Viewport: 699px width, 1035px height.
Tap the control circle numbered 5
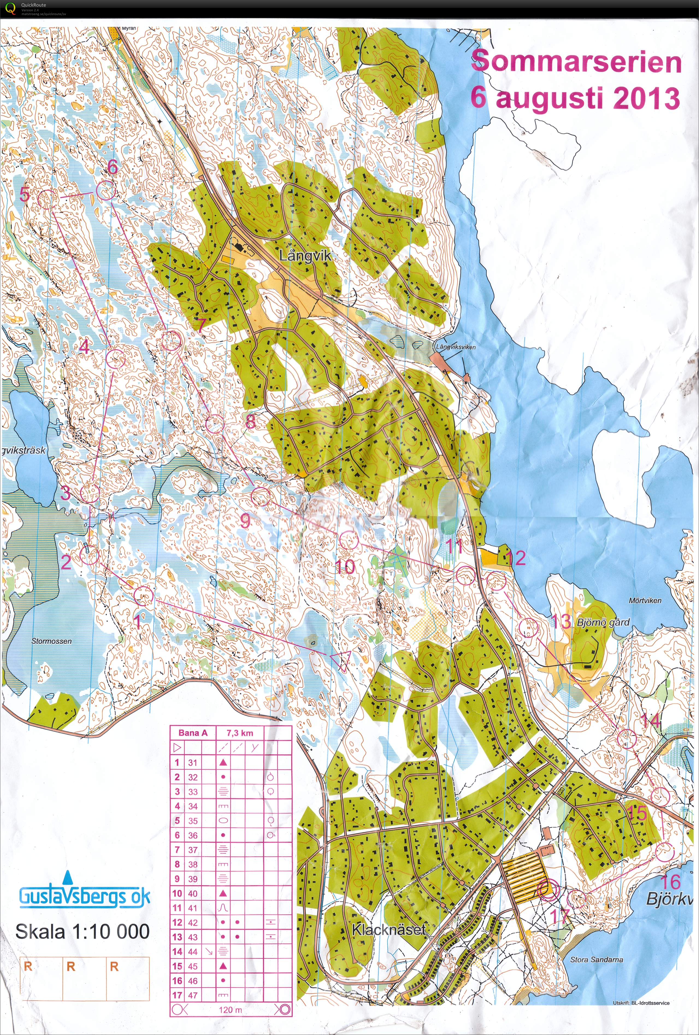[45, 199]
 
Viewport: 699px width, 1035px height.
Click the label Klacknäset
[388, 930]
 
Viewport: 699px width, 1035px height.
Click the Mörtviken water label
[645, 600]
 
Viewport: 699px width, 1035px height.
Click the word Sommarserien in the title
[576, 62]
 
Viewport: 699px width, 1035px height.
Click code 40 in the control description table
[192, 893]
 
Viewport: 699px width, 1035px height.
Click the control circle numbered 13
[528, 628]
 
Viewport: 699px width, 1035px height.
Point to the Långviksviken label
[455, 347]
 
